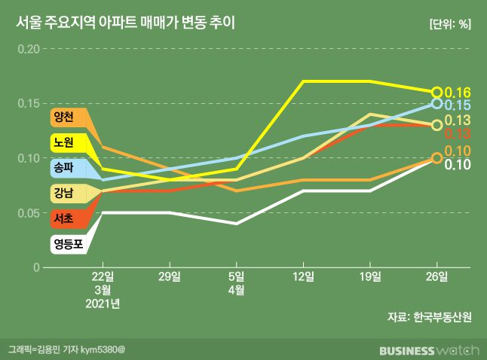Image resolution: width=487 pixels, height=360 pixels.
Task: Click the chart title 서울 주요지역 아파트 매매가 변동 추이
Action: pyautogui.click(x=125, y=23)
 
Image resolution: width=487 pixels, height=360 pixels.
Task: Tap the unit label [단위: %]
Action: pyautogui.click(x=450, y=24)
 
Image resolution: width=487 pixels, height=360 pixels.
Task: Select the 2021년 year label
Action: pyautogui.click(x=103, y=304)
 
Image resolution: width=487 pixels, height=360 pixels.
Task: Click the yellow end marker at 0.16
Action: pyautogui.click(x=436, y=92)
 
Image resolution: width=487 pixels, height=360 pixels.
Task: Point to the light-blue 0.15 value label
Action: pyautogui.click(x=458, y=105)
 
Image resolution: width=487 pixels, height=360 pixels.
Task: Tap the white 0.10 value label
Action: pyautogui.click(x=458, y=165)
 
